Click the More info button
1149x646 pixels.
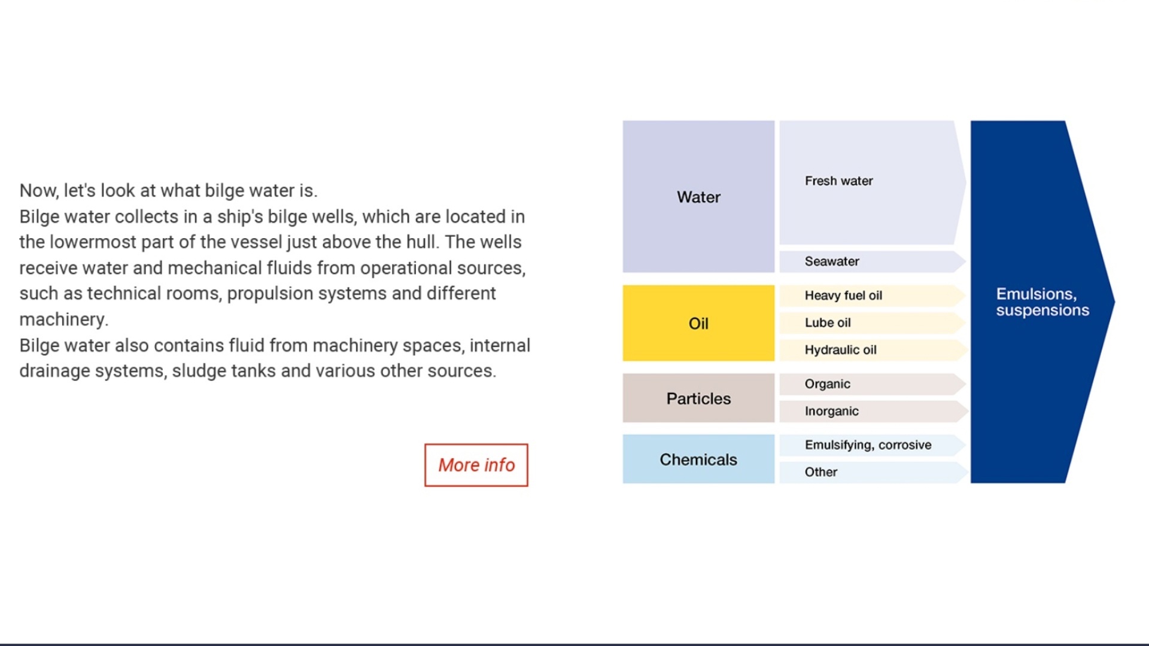[476, 465]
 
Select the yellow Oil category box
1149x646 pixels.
[698, 323]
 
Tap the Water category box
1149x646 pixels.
[698, 197]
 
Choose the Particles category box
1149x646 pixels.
[698, 398]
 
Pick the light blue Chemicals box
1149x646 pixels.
[698, 459]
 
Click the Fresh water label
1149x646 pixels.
[838, 181]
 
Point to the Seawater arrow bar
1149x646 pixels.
[873, 261]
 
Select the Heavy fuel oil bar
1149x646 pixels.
[873, 295]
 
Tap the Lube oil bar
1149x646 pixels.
[873, 322]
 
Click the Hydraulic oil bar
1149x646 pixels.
[873, 350]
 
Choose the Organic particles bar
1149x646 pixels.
[873, 384]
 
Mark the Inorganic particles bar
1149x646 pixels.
[873, 412]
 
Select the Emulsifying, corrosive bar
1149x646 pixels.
[873, 445]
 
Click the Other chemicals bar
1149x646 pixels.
[873, 473]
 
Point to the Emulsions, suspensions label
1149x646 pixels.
[1042, 302]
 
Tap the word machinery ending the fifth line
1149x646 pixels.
[63, 319]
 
